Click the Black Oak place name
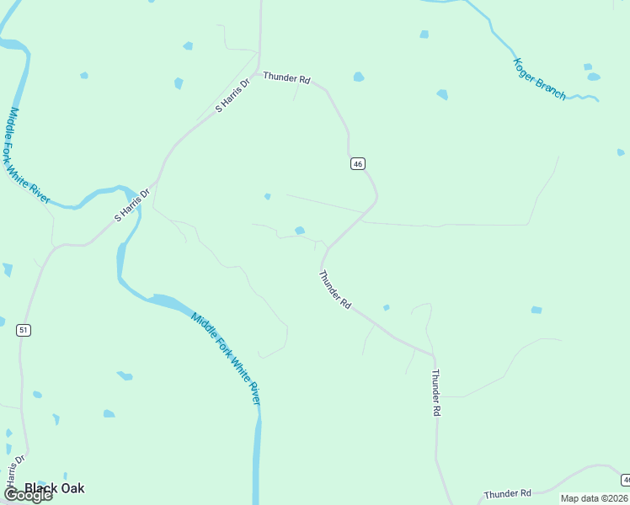click(54, 488)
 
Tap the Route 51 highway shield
click(24, 330)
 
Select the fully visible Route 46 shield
click(358, 164)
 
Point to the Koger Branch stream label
click(540, 79)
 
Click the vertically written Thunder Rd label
click(436, 392)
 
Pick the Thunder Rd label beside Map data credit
click(507, 493)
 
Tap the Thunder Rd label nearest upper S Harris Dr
click(286, 78)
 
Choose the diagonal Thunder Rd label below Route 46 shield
click(334, 289)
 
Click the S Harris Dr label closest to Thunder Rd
click(233, 95)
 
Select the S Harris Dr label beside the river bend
click(132, 205)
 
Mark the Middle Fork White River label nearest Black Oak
click(226, 358)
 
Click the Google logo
click(27, 495)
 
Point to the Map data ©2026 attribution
click(595, 498)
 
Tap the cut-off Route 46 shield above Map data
click(626, 479)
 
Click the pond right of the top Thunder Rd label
click(359, 77)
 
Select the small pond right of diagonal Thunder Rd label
click(386, 308)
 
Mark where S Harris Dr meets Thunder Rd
click(257, 72)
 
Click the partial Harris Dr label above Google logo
click(11, 474)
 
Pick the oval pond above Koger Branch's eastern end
click(594, 77)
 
